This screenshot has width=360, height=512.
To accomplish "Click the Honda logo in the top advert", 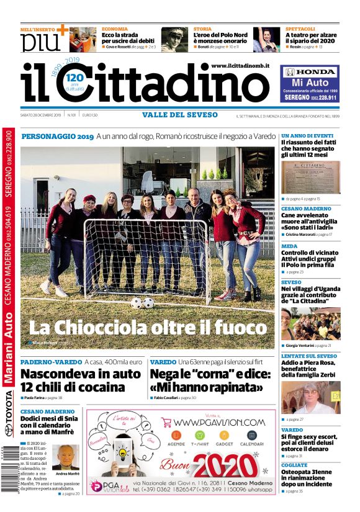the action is (x=310, y=72).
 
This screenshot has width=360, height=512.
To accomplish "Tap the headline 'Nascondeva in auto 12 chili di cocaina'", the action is (x=81, y=380).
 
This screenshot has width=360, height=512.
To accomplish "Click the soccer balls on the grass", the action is (x=142, y=303).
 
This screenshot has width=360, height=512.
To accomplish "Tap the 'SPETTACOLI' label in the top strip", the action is (x=302, y=29).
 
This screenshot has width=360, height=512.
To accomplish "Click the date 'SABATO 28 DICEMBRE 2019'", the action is (x=42, y=115).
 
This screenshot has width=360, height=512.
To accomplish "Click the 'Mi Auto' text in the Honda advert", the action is (x=309, y=83).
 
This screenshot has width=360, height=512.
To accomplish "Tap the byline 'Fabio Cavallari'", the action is (x=166, y=397).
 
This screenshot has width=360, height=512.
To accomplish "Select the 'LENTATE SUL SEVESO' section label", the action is (x=308, y=356).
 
